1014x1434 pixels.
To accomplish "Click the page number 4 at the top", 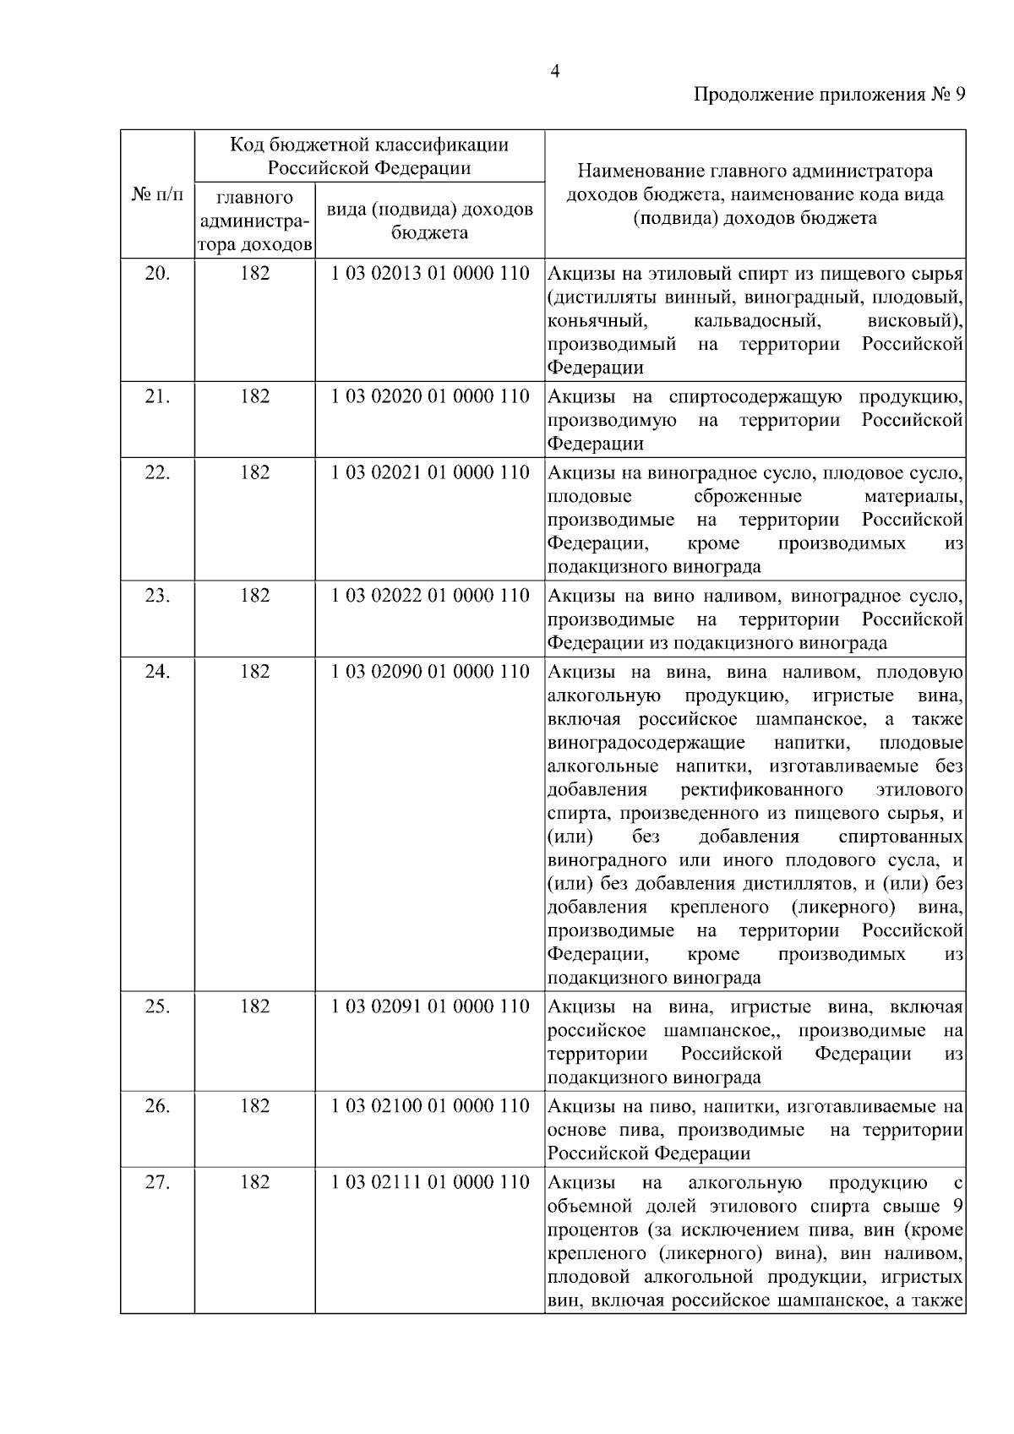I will tap(554, 71).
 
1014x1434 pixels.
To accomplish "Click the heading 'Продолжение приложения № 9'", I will tap(829, 95).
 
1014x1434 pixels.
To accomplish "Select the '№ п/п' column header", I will tap(157, 195).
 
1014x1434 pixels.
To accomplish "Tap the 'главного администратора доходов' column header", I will tap(254, 221).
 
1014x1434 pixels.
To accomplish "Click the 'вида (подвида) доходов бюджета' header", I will tap(429, 221).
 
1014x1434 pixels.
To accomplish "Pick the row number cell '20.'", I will tap(157, 274).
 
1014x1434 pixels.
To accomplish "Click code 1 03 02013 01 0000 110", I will tap(430, 274).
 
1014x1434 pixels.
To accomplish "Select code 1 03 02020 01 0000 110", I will tap(430, 397).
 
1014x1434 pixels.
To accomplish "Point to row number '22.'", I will tap(157, 473).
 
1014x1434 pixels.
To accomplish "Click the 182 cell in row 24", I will tap(254, 673).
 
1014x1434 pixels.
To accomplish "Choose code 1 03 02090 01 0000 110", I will tap(430, 673).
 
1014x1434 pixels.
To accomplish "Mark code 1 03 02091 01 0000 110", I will tap(430, 1007).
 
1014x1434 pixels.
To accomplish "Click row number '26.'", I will tap(157, 1107).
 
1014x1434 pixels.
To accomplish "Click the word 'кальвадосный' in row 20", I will tap(756, 321).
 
